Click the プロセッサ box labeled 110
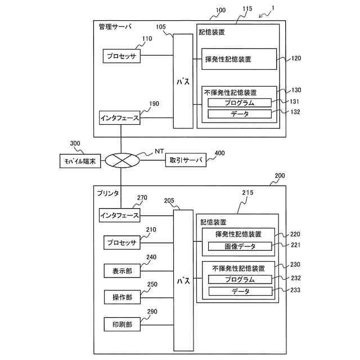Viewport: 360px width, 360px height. point(121,56)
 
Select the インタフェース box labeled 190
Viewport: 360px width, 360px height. point(120,118)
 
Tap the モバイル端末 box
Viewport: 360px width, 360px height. point(80,161)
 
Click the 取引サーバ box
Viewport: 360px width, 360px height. point(186,160)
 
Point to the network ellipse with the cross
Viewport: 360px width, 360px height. point(122,160)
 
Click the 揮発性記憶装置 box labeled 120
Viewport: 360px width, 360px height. point(239,59)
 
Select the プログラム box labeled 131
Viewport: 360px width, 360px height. point(240,103)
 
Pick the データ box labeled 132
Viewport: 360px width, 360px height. point(240,114)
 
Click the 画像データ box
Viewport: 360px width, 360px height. point(240,246)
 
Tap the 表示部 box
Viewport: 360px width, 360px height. point(122,271)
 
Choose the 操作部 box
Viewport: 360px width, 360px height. point(122,298)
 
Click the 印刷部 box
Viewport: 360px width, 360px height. point(122,325)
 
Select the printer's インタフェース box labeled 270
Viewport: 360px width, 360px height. point(120,215)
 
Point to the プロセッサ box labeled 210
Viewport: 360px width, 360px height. point(122,242)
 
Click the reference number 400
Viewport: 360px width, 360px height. point(219,153)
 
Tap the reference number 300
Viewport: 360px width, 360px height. point(75,143)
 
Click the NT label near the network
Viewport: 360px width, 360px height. point(159,151)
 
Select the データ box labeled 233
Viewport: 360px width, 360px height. point(240,291)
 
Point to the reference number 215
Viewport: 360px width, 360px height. point(247,192)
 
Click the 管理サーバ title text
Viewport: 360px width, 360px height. point(115,26)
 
